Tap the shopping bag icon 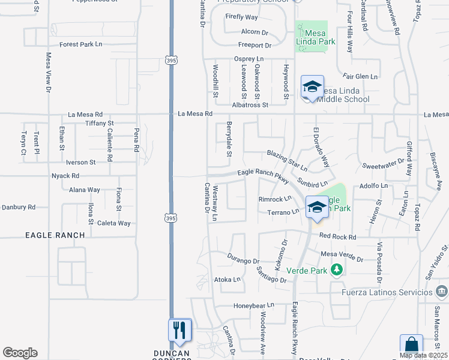pos(411,346)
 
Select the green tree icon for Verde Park pos(336,270)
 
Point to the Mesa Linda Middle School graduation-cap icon pos(312,88)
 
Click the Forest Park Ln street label pos(81,44)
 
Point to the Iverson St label pos(80,162)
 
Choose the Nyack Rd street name pos(65,176)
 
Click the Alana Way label pos(84,190)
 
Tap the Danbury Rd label pos(18,207)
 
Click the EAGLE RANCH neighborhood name pos(55,235)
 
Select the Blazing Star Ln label pos(287,160)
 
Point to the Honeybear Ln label pos(253,305)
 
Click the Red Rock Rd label pos(338,236)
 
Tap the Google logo pos(20,353)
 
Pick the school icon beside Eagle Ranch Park pos(317,208)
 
